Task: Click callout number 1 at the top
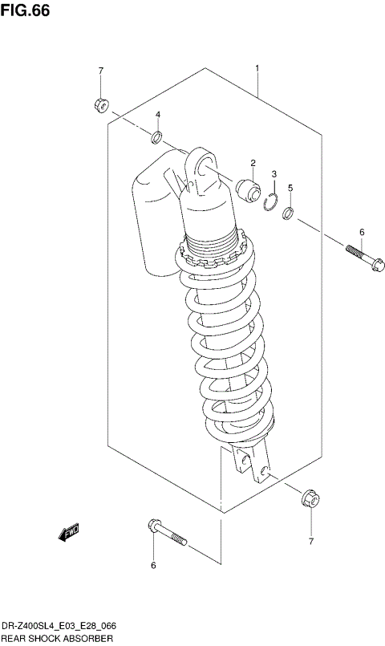click(257, 69)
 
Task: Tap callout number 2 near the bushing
click(251, 164)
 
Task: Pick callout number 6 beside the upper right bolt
click(361, 232)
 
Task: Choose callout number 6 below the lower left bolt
click(153, 566)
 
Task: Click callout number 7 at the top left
click(101, 71)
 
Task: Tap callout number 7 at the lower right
click(310, 542)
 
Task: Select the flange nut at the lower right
click(310, 498)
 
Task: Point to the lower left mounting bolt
click(167, 532)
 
